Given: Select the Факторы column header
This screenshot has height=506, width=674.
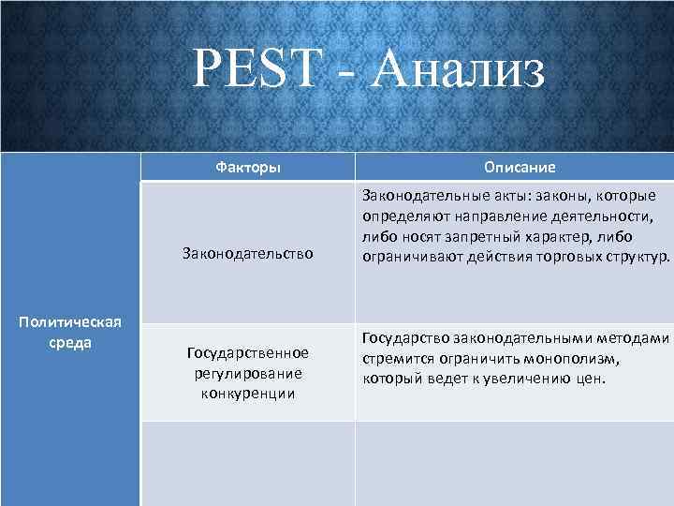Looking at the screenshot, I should click(x=247, y=167).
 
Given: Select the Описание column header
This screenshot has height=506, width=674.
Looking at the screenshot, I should click(x=520, y=167).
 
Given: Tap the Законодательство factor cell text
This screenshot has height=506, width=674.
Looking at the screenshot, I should click(x=247, y=254).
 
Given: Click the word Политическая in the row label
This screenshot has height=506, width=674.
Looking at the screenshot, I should click(x=70, y=322).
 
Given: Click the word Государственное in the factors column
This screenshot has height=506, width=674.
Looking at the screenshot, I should click(x=247, y=352).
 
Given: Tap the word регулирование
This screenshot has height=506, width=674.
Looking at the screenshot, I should click(x=247, y=372).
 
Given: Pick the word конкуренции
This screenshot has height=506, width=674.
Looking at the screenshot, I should click(x=247, y=393).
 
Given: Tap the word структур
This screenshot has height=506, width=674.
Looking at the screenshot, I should click(x=632, y=257).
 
